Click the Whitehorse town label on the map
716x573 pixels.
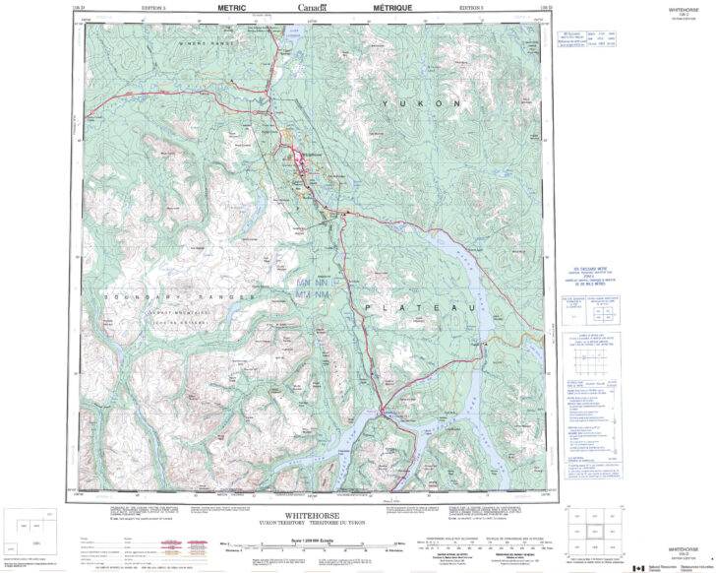tap(313, 155)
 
